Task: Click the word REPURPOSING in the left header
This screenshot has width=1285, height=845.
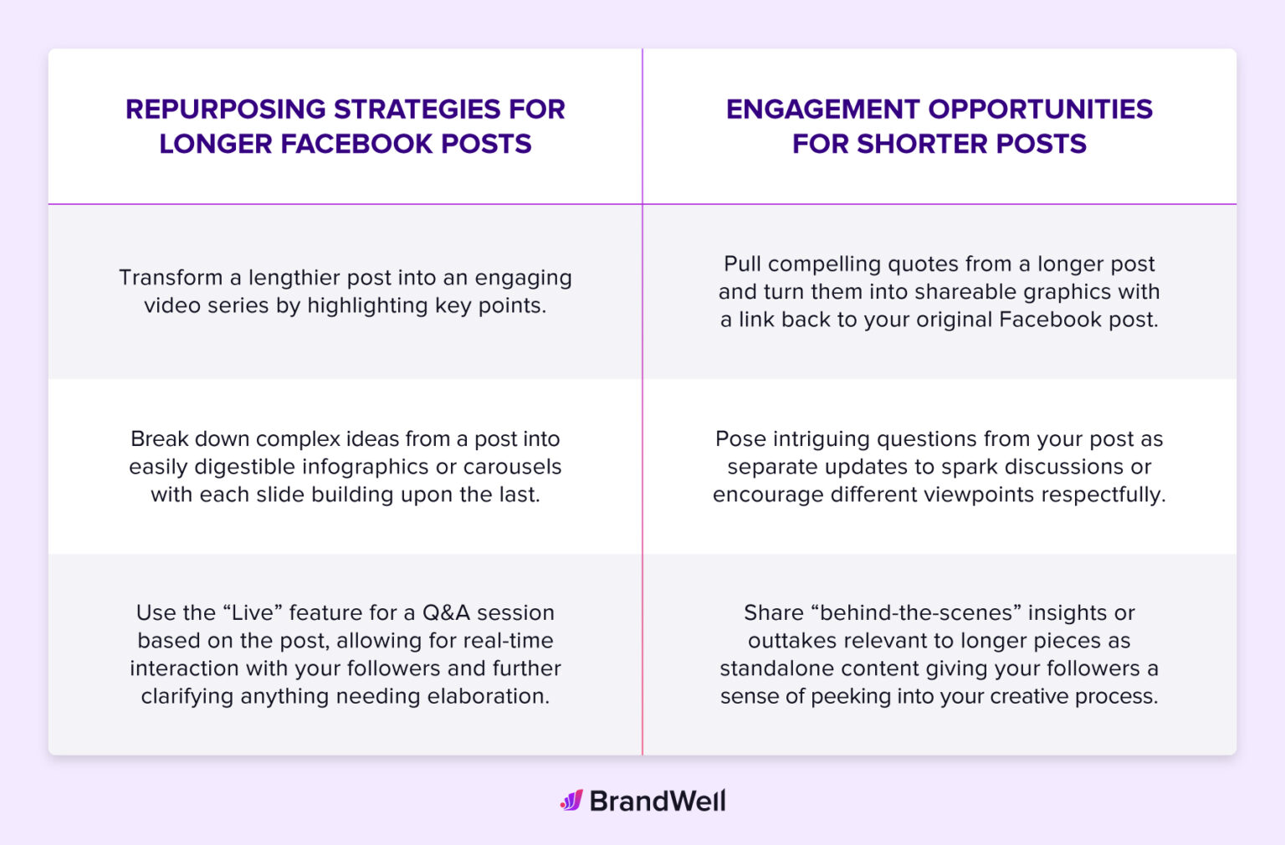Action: (x=226, y=109)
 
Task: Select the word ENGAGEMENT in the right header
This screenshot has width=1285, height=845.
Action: (x=822, y=109)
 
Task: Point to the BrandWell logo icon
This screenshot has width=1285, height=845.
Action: (x=571, y=801)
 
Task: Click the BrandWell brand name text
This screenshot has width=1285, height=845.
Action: (x=658, y=801)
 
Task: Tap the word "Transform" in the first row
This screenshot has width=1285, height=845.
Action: (x=171, y=278)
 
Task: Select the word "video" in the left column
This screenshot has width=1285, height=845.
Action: (x=172, y=305)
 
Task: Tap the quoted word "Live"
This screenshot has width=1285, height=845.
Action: (x=252, y=613)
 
